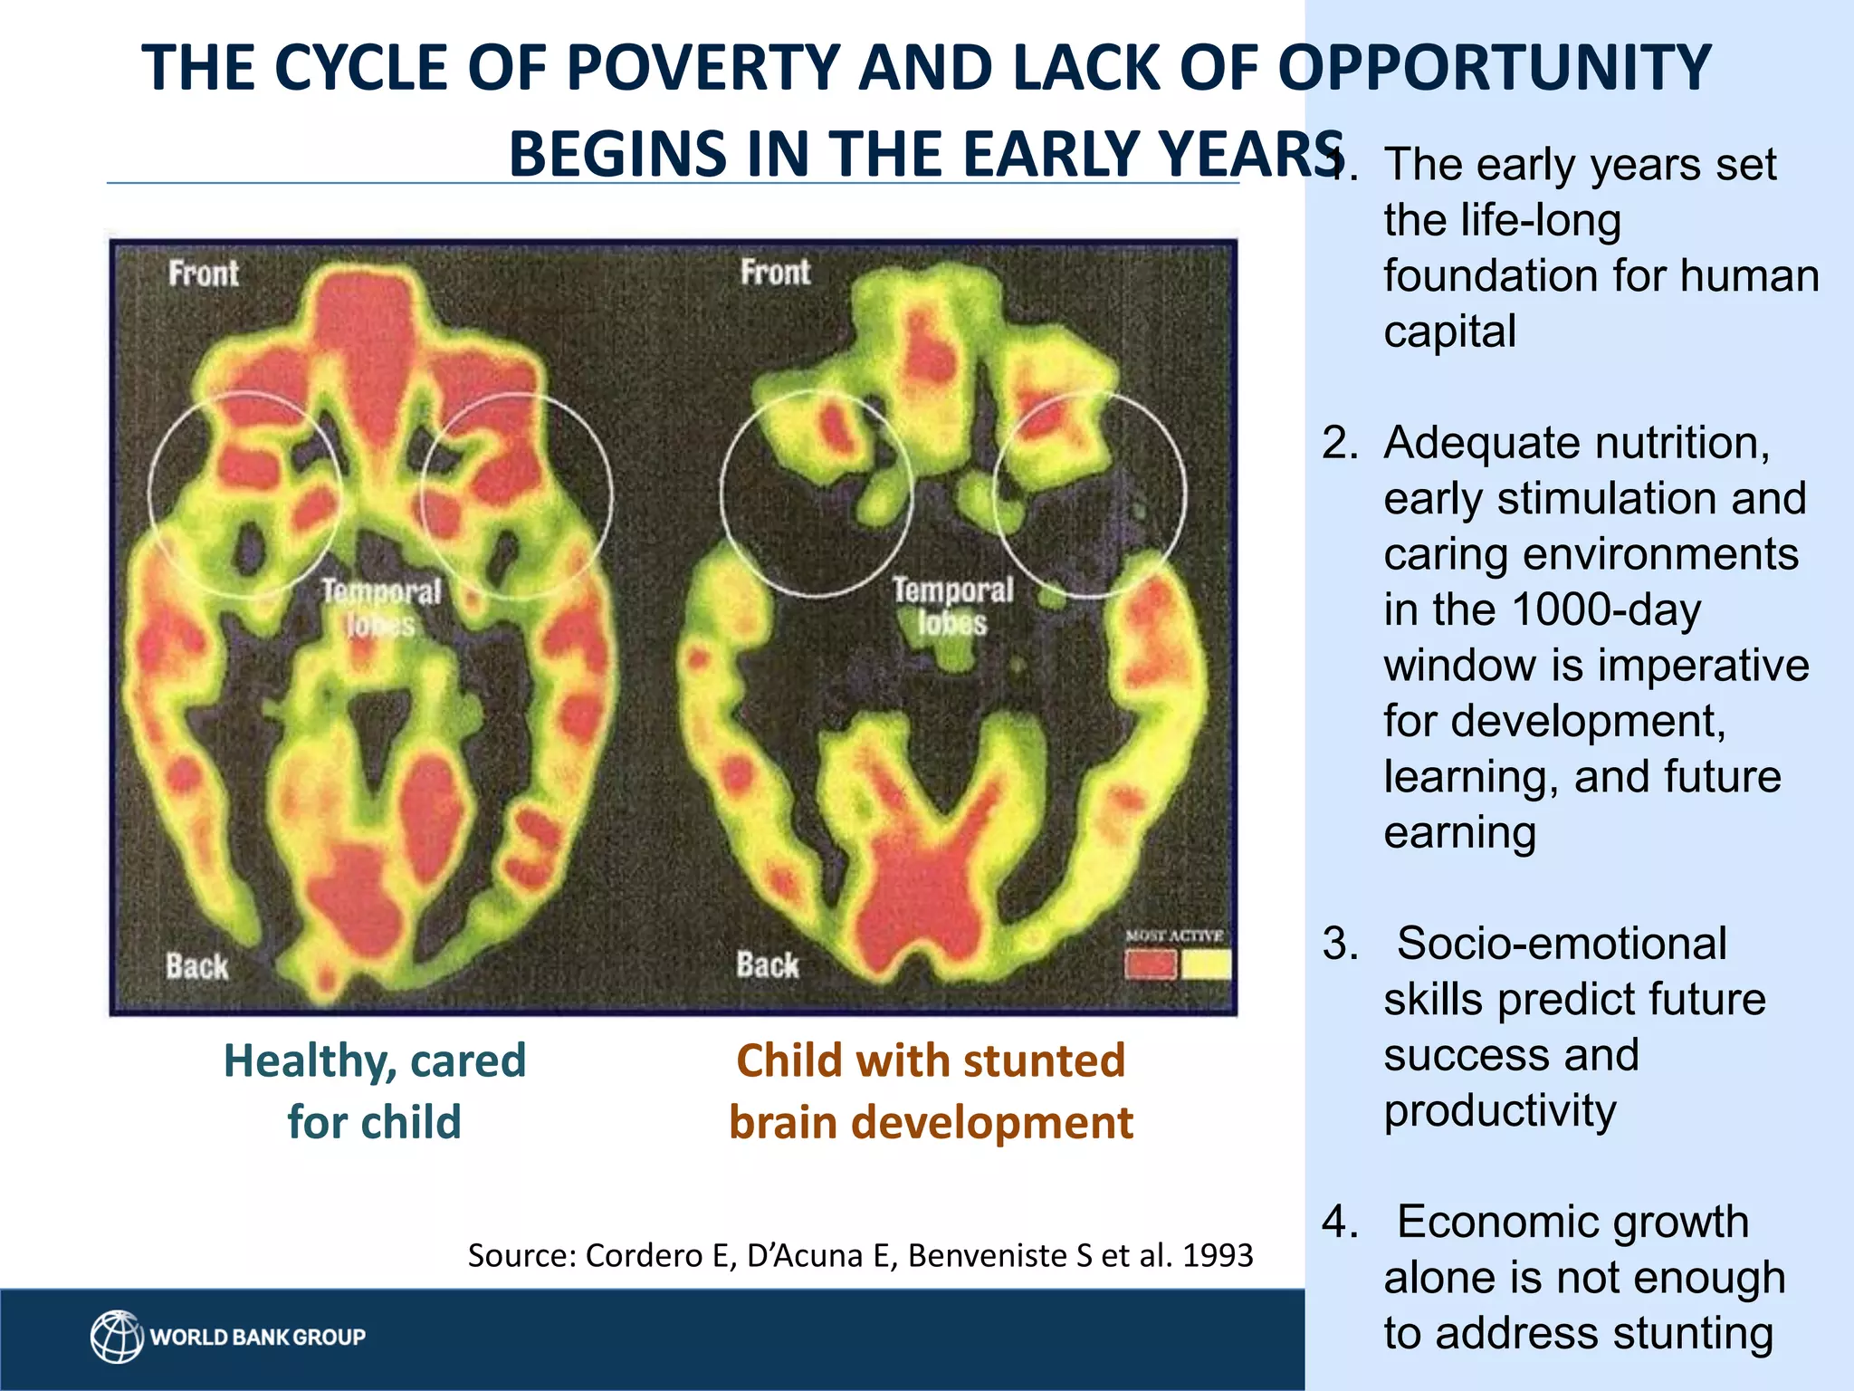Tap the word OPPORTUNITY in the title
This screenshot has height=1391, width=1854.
pyautogui.click(x=1494, y=68)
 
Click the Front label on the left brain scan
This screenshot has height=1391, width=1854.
pyautogui.click(x=204, y=273)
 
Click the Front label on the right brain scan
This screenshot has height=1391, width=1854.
pyautogui.click(x=775, y=272)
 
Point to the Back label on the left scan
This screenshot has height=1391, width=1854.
pyautogui.click(x=197, y=966)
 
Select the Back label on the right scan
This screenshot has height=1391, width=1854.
pyautogui.click(x=768, y=964)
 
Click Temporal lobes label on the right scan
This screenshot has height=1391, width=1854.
pyautogui.click(x=952, y=606)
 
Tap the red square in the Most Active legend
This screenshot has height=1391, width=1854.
pyautogui.click(x=1151, y=964)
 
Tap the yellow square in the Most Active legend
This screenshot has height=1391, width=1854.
pyautogui.click(x=1206, y=964)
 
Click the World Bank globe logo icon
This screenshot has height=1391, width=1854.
pyautogui.click(x=117, y=1337)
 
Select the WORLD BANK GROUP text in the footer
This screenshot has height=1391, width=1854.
pyautogui.click(x=258, y=1338)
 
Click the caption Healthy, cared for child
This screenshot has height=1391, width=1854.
pyautogui.click(x=375, y=1090)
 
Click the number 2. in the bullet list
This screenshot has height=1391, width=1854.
pyautogui.click(x=1340, y=443)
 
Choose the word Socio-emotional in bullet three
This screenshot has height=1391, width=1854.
pyautogui.click(x=1562, y=944)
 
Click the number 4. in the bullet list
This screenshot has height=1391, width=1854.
pyautogui.click(x=1340, y=1222)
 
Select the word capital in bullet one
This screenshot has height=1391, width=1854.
pyautogui.click(x=1449, y=331)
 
